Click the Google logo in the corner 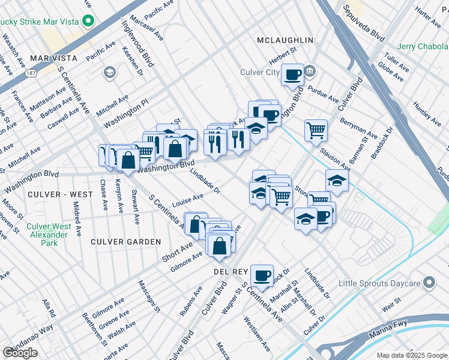pyautogui.click(x=20, y=353)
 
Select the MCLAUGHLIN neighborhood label pyautogui.click(x=285, y=40)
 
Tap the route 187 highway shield pyautogui.click(x=30, y=73)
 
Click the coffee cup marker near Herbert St pyautogui.click(x=292, y=75)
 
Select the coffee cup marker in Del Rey pyautogui.click(x=262, y=275)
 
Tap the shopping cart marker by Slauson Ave pyautogui.click(x=316, y=130)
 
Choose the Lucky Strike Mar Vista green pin pyautogui.click(x=89, y=22)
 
